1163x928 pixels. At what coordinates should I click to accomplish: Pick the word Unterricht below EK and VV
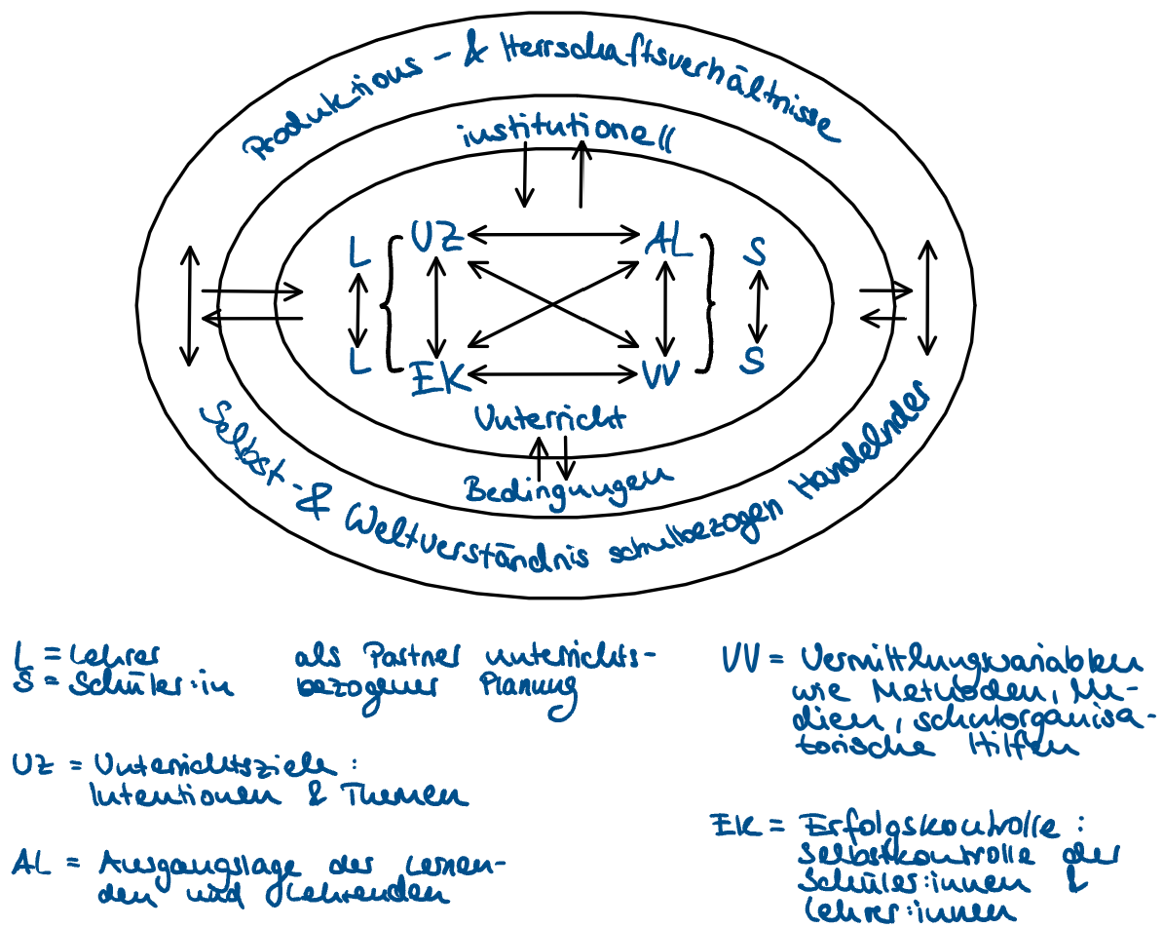pyautogui.click(x=549, y=418)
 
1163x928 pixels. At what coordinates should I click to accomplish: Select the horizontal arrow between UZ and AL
pyautogui.click(x=552, y=234)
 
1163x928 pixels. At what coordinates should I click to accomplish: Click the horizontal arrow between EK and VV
pyautogui.click(x=552, y=372)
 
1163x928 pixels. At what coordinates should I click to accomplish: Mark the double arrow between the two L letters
pyautogui.click(x=359, y=309)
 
